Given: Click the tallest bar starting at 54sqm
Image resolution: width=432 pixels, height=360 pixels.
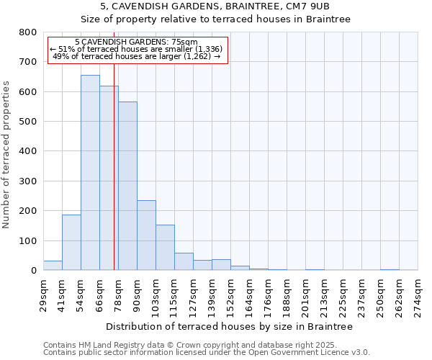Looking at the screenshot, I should point(90,173).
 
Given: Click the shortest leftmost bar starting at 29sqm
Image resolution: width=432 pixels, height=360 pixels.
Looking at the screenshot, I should point(53,266).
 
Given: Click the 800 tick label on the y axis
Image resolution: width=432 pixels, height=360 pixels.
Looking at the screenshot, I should point(27,32).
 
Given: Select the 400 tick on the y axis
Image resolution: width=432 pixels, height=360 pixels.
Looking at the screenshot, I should point(27,151).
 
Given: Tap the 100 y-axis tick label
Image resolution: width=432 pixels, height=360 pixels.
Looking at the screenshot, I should point(27,240).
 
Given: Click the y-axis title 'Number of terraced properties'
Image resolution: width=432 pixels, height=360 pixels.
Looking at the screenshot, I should point(6,154).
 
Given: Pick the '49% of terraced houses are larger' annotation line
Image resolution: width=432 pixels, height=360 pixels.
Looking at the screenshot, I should point(137,56).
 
